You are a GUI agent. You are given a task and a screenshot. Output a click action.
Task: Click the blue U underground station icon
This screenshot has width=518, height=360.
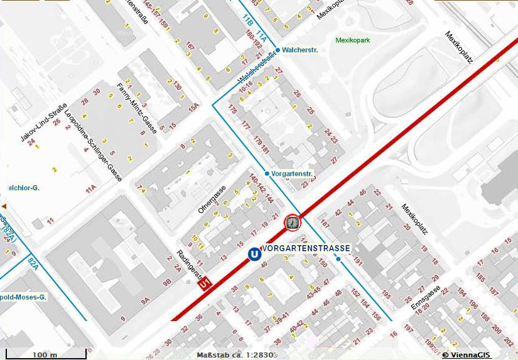click(254, 254)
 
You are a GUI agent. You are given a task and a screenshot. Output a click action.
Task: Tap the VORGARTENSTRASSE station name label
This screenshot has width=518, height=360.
click(305, 248)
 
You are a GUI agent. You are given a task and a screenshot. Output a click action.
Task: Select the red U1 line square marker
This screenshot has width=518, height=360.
click(205, 285)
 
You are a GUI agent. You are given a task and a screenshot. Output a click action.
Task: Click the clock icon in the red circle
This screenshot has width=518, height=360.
click(293, 222)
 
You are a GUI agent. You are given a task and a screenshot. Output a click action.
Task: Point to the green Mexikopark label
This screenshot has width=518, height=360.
click(354, 39)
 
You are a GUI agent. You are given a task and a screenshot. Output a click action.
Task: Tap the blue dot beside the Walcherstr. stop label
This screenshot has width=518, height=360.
click(277, 49)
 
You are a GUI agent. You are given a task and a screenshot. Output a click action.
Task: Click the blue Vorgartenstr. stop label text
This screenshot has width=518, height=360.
click(293, 173)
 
